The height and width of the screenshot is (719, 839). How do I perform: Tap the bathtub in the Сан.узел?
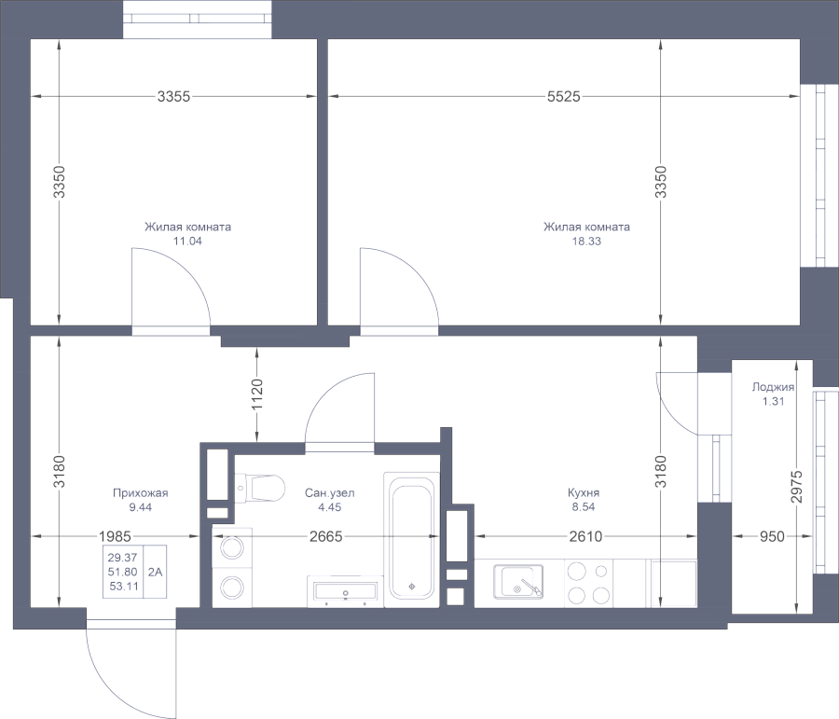pyautogui.click(x=412, y=537)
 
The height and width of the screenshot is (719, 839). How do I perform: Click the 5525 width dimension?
pyautogui.click(x=563, y=96)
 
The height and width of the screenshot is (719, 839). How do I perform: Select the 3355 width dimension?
pyautogui.click(x=173, y=96)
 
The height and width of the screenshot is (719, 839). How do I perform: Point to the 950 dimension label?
pyautogui.click(x=770, y=536)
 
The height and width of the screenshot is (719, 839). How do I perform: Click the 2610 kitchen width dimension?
pyautogui.click(x=585, y=536)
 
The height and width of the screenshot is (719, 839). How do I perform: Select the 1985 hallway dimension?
pyautogui.click(x=113, y=536)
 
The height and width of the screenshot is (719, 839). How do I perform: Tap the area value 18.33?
pyautogui.click(x=586, y=241)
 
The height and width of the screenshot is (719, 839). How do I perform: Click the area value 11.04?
pyautogui.click(x=187, y=241)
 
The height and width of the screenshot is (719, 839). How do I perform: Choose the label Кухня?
pyautogui.click(x=583, y=493)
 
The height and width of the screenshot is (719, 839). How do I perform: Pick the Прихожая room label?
pyautogui.click(x=140, y=493)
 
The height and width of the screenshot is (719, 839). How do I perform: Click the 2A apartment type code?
pyautogui.click(x=155, y=571)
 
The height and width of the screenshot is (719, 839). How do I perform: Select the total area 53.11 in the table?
pyautogui.click(x=123, y=586)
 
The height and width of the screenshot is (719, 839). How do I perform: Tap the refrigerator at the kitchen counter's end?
pyautogui.click(x=672, y=584)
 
